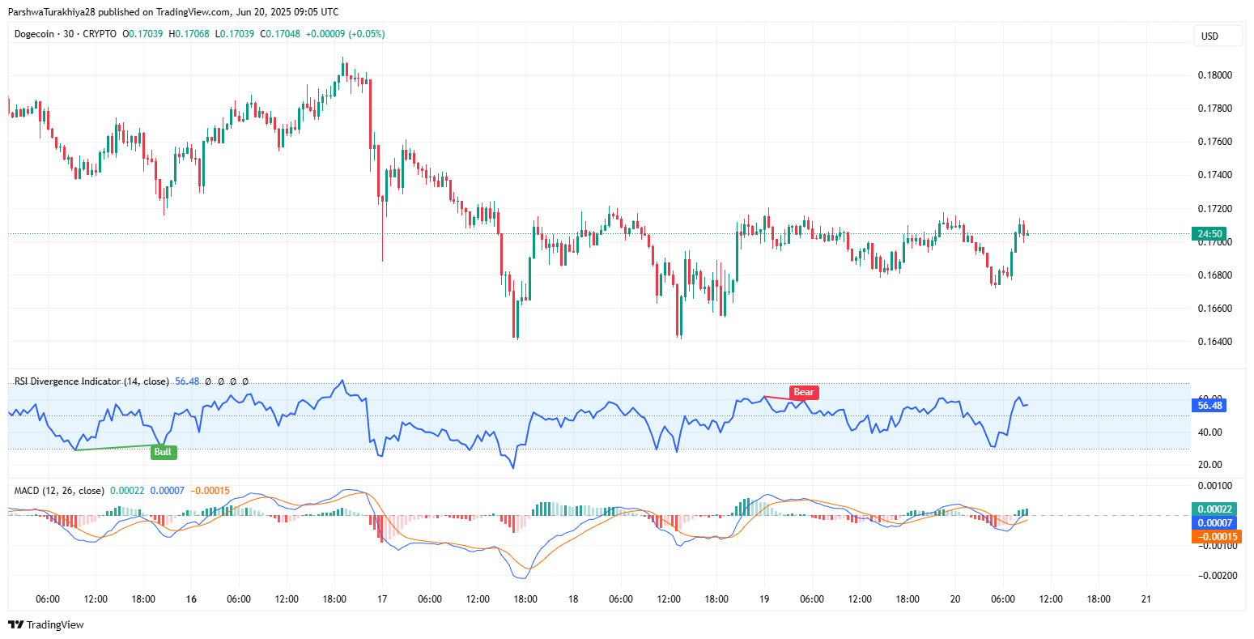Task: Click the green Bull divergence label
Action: (163, 452)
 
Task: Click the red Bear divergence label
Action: (803, 392)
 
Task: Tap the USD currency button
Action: (1209, 36)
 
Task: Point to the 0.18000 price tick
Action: (1214, 75)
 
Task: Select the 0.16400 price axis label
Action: (1214, 342)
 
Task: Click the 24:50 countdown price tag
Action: (1209, 234)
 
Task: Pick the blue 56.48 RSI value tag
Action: (1209, 405)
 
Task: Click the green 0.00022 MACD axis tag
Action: (1214, 509)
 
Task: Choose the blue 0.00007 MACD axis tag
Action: (1214, 523)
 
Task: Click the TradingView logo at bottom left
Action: (46, 624)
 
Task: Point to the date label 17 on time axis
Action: (382, 599)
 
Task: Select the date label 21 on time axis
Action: (1146, 599)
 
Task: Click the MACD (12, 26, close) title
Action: (59, 491)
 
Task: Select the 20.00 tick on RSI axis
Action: (1209, 465)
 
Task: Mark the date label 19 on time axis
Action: (764, 599)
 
